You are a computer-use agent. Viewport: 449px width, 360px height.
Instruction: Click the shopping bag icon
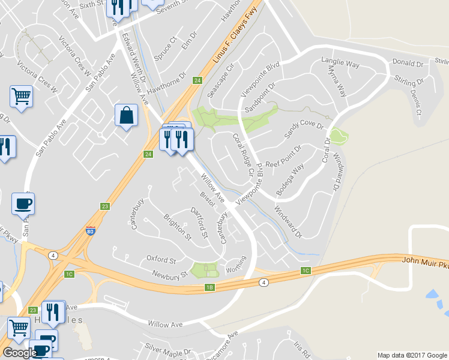pyautogui.click(x=126, y=115)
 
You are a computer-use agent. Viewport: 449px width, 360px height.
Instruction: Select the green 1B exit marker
pyautogui.click(x=209, y=287)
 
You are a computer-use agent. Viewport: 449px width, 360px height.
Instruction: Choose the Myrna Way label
pyautogui.click(x=337, y=81)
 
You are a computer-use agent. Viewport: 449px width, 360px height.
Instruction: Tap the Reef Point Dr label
pyautogui.click(x=282, y=155)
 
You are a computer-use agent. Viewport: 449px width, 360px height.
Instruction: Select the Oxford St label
pyautogui.click(x=161, y=260)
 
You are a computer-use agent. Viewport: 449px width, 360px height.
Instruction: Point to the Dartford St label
pyautogui.click(x=199, y=222)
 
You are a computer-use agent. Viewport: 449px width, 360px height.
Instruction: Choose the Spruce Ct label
pyautogui.click(x=165, y=50)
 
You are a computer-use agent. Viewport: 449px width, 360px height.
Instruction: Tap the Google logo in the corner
pyautogui.click(x=19, y=352)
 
